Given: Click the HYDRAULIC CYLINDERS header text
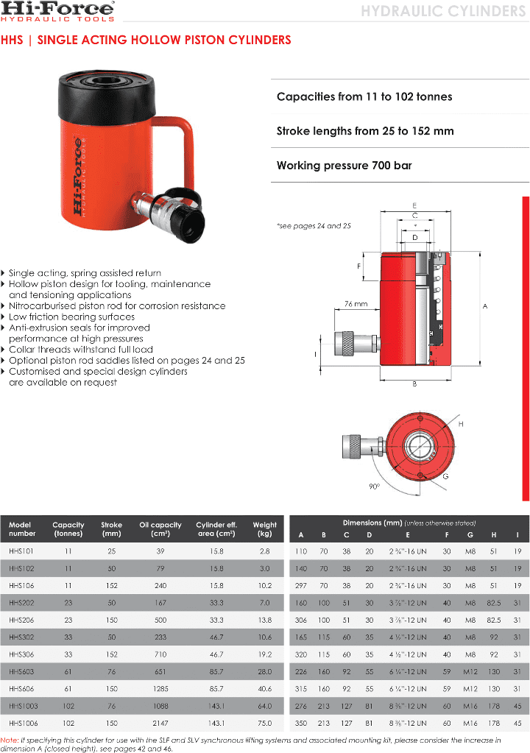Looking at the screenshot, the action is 443,11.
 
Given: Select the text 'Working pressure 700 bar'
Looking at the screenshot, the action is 344,166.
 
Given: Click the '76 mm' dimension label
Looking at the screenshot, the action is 356,303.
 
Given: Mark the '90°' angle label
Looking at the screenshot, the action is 374,487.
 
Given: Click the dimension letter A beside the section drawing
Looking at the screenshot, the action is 485,306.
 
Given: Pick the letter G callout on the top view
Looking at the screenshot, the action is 445,476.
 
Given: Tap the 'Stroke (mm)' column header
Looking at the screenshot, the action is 111,529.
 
